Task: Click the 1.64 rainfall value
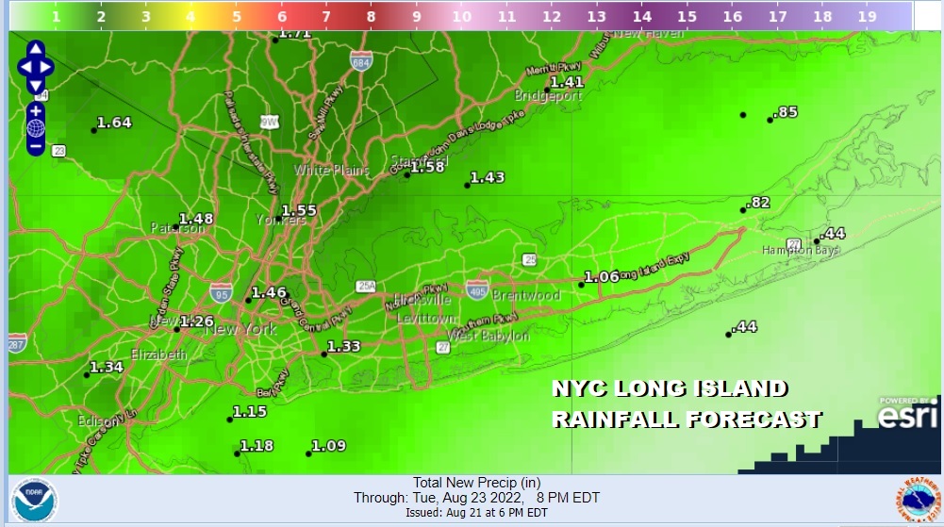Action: click(x=114, y=123)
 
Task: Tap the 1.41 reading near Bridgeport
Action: click(x=567, y=82)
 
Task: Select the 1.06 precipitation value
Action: click(x=602, y=276)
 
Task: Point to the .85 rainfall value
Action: click(x=786, y=112)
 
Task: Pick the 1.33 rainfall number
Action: click(x=344, y=346)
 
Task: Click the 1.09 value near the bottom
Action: click(x=329, y=446)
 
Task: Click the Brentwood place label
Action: click(x=526, y=295)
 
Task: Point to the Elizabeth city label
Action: click(x=157, y=354)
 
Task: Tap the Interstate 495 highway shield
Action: click(x=477, y=290)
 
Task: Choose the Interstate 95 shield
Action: click(x=222, y=290)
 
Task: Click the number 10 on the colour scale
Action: click(x=461, y=16)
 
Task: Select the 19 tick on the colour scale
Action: click(x=868, y=16)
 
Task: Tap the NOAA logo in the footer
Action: click(x=35, y=501)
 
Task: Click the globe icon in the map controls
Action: click(x=36, y=128)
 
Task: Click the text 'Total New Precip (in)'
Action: click(x=476, y=483)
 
